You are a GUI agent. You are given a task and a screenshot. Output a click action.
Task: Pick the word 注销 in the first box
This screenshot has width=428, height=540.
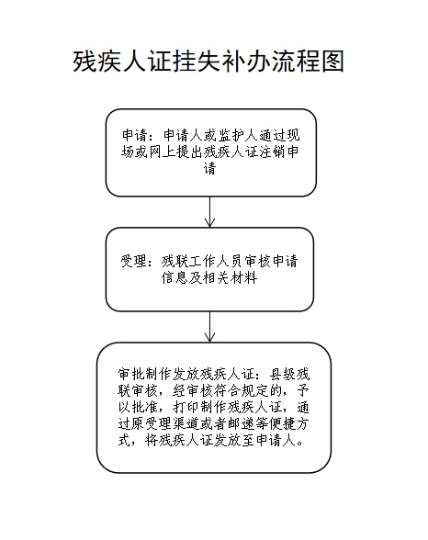click(274, 152)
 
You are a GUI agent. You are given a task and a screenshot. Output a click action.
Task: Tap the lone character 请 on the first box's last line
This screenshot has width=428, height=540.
click(209, 169)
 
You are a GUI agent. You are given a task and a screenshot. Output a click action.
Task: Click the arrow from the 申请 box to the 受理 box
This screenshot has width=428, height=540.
click(209, 211)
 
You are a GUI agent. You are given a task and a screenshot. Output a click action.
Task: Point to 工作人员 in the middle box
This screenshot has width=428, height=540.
click(216, 262)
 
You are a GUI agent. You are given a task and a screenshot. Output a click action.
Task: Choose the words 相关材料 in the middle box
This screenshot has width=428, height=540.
click(230, 277)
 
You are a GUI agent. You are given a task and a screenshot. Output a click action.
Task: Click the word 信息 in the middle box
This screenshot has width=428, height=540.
click(175, 277)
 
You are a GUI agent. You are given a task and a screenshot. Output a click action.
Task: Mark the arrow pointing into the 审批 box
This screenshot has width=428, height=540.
click(209, 327)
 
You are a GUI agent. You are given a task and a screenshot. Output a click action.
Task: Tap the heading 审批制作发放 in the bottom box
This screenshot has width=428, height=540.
click(159, 375)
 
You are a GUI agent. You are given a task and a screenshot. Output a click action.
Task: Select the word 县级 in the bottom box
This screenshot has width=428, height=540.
click(282, 375)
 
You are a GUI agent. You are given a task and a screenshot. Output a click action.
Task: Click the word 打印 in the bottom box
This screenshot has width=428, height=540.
click(186, 408)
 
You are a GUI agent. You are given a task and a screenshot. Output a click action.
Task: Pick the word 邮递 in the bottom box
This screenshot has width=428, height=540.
click(241, 424)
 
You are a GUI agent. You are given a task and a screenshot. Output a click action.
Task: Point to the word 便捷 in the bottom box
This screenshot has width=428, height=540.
click(282, 424)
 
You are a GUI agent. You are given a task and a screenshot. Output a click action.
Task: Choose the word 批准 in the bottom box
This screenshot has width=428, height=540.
click(145, 408)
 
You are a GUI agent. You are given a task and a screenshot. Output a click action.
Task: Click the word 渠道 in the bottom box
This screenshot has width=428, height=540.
click(186, 424)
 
